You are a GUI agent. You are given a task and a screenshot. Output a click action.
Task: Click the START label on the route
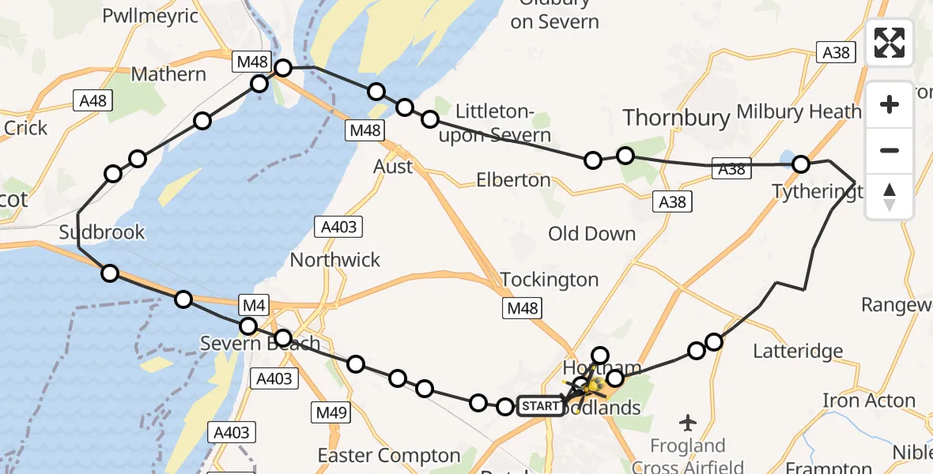[x=540, y=407]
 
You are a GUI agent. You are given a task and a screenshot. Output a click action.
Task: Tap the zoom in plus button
[x=890, y=104]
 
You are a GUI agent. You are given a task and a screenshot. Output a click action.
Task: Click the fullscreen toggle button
[x=890, y=43]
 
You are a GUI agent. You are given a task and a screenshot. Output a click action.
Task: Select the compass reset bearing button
[x=890, y=197]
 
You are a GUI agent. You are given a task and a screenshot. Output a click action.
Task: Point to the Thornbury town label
[x=676, y=118]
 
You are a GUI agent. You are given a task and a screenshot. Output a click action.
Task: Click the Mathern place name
[x=168, y=74]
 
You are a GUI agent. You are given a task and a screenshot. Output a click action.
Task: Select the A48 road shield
[x=92, y=100]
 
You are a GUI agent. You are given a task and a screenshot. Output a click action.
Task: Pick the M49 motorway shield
[x=331, y=412]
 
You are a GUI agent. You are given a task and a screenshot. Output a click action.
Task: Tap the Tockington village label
[x=550, y=280]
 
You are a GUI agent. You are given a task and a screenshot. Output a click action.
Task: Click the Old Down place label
[x=591, y=234]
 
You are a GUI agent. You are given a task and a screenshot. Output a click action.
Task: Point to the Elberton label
[x=513, y=180]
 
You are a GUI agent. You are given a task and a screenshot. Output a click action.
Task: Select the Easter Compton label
[x=388, y=456]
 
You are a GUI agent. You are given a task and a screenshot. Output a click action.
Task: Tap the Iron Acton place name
[x=869, y=401]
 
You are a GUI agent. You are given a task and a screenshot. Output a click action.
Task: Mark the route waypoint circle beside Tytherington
[x=801, y=164]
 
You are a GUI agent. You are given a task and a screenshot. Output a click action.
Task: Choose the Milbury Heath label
[x=799, y=111]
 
